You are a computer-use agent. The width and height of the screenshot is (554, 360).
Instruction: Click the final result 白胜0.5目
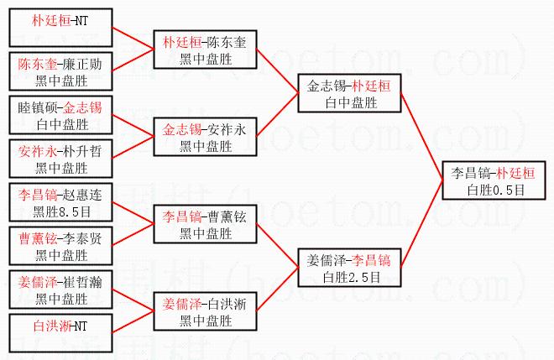coord(495,189)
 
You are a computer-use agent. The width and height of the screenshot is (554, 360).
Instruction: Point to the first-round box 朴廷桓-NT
coord(61,22)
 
